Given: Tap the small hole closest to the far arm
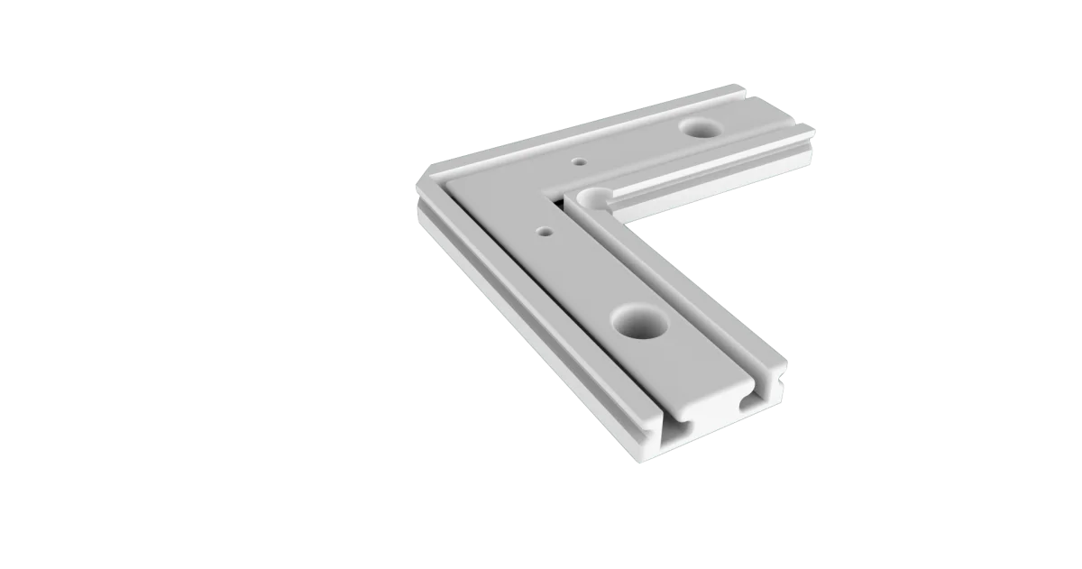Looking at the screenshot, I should coord(578,163).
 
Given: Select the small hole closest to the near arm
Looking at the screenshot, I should coord(543,231).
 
